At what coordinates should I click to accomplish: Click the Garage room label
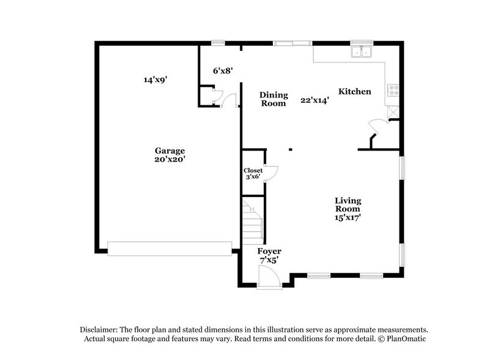(x=169, y=150)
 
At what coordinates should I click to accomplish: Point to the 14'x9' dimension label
(x=155, y=80)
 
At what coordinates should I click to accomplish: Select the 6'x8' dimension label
(x=223, y=70)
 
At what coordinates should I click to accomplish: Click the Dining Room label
(x=273, y=99)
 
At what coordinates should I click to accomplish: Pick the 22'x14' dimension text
(x=314, y=100)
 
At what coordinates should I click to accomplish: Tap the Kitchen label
(x=355, y=91)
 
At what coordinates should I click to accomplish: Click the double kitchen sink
(x=362, y=52)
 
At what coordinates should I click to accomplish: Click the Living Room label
(x=348, y=204)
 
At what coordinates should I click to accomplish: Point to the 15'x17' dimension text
(x=348, y=217)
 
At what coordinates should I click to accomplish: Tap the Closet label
(x=253, y=170)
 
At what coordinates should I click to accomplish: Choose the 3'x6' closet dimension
(x=253, y=178)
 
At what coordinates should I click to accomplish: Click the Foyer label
(x=269, y=251)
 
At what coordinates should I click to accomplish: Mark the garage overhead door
(x=169, y=247)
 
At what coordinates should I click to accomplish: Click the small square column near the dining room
(x=291, y=149)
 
